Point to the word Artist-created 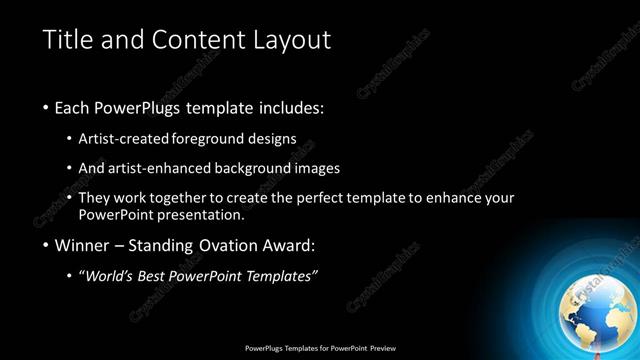(123, 140)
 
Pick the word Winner (82, 245)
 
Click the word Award (289, 245)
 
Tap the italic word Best (156, 276)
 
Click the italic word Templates (279, 276)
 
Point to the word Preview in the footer (383, 348)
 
